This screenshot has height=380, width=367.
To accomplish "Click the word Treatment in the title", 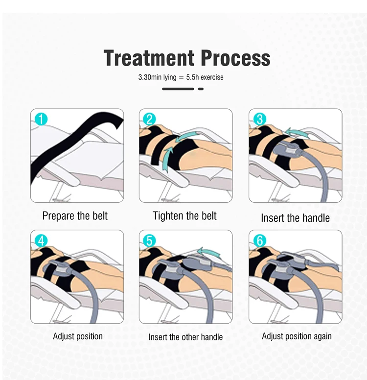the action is click(x=149, y=58).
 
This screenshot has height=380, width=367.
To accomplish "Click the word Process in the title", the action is click(x=235, y=58).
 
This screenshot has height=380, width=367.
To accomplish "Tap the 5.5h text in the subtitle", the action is click(x=192, y=77).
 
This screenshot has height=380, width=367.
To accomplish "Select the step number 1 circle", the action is click(x=41, y=119).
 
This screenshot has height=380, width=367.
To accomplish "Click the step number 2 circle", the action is click(x=149, y=119).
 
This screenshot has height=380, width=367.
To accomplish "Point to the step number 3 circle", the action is click(x=260, y=119).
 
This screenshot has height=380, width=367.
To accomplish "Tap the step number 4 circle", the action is click(x=41, y=241).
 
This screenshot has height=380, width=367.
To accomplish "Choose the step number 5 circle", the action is click(x=149, y=241).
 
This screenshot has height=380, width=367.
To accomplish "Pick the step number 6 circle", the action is click(x=260, y=240).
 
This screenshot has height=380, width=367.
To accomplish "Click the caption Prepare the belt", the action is click(x=75, y=215).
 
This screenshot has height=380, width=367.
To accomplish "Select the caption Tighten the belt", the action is click(x=184, y=215).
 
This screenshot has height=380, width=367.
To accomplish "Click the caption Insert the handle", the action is click(x=295, y=217).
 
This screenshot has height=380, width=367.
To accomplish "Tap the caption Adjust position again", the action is click(x=297, y=336).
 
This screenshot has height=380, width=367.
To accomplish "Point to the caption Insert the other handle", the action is click(x=185, y=337).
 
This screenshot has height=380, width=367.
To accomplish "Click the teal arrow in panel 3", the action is click(x=297, y=133).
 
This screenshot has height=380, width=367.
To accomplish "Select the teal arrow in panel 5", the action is click(x=209, y=253).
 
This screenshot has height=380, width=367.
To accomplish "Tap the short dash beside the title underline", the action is click(x=201, y=89).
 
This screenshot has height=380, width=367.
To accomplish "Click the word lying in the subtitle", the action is click(x=170, y=77).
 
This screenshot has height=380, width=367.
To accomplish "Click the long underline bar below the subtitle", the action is click(x=178, y=89).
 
